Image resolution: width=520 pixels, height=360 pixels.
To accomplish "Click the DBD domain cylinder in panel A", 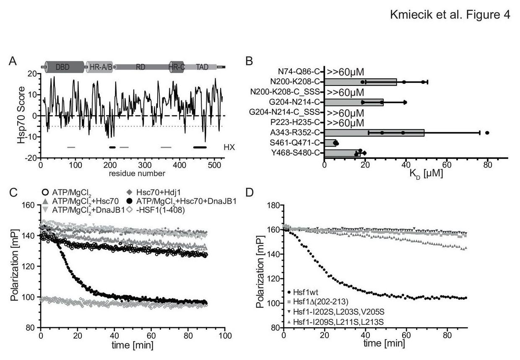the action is tap(65, 67).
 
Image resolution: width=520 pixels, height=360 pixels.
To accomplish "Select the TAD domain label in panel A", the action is tap(202, 67).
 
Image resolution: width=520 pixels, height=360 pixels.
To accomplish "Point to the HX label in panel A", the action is tap(229, 147).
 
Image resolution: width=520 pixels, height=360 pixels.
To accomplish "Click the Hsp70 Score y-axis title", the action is tap(21, 115).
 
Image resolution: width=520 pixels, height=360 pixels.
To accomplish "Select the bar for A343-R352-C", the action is tap(374, 133).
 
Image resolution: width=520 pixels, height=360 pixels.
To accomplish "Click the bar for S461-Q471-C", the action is tap(330, 143).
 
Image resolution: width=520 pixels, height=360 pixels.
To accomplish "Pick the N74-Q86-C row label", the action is tap(299, 72).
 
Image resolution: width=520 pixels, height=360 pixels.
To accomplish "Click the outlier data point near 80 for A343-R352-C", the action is tap(487, 133).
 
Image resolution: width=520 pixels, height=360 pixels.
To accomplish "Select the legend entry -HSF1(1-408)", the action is tap(156, 210).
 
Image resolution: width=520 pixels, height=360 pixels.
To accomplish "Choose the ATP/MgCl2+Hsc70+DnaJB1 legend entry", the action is tap(182, 201).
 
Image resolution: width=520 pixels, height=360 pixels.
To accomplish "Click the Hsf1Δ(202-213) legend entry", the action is tap(318, 302).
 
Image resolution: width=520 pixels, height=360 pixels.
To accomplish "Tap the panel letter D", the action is tap(250, 193).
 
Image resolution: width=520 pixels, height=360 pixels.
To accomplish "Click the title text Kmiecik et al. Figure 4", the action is tap(450, 15).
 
